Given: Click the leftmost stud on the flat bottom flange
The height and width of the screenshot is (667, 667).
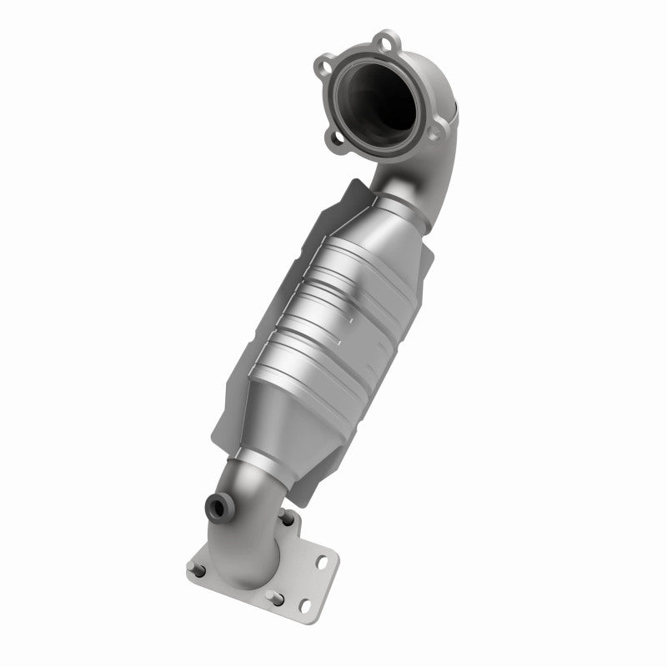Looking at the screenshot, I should (x=199, y=572).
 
